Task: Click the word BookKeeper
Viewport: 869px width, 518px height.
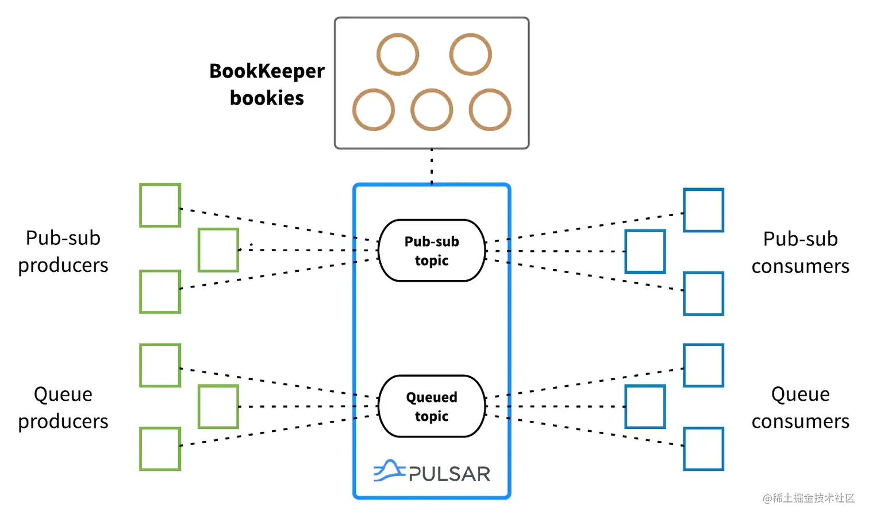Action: point(267,71)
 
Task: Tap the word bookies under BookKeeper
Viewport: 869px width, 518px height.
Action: point(267,98)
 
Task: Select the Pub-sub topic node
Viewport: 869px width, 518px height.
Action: point(432,251)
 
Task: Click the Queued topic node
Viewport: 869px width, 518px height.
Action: point(432,406)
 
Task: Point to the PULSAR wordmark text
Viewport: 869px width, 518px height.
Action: point(449,474)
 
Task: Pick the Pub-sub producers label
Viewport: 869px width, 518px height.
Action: point(63,251)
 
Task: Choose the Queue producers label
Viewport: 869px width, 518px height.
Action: point(63,408)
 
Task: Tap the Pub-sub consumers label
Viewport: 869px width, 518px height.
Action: point(800,252)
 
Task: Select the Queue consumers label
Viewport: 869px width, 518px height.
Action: point(800,408)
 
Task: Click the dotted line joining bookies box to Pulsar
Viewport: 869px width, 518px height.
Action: point(432,166)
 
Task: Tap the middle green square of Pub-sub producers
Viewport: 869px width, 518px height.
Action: point(218,250)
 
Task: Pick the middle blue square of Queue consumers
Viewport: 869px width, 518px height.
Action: point(645,407)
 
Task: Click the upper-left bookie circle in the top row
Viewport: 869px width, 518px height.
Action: point(398,55)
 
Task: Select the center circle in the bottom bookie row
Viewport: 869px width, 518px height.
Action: point(432,110)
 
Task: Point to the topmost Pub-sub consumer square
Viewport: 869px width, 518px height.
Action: point(703,210)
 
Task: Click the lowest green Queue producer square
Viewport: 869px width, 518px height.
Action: point(160,449)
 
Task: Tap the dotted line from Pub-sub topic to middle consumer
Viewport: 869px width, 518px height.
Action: point(557,251)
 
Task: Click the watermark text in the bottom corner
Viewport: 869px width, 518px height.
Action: point(809,498)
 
